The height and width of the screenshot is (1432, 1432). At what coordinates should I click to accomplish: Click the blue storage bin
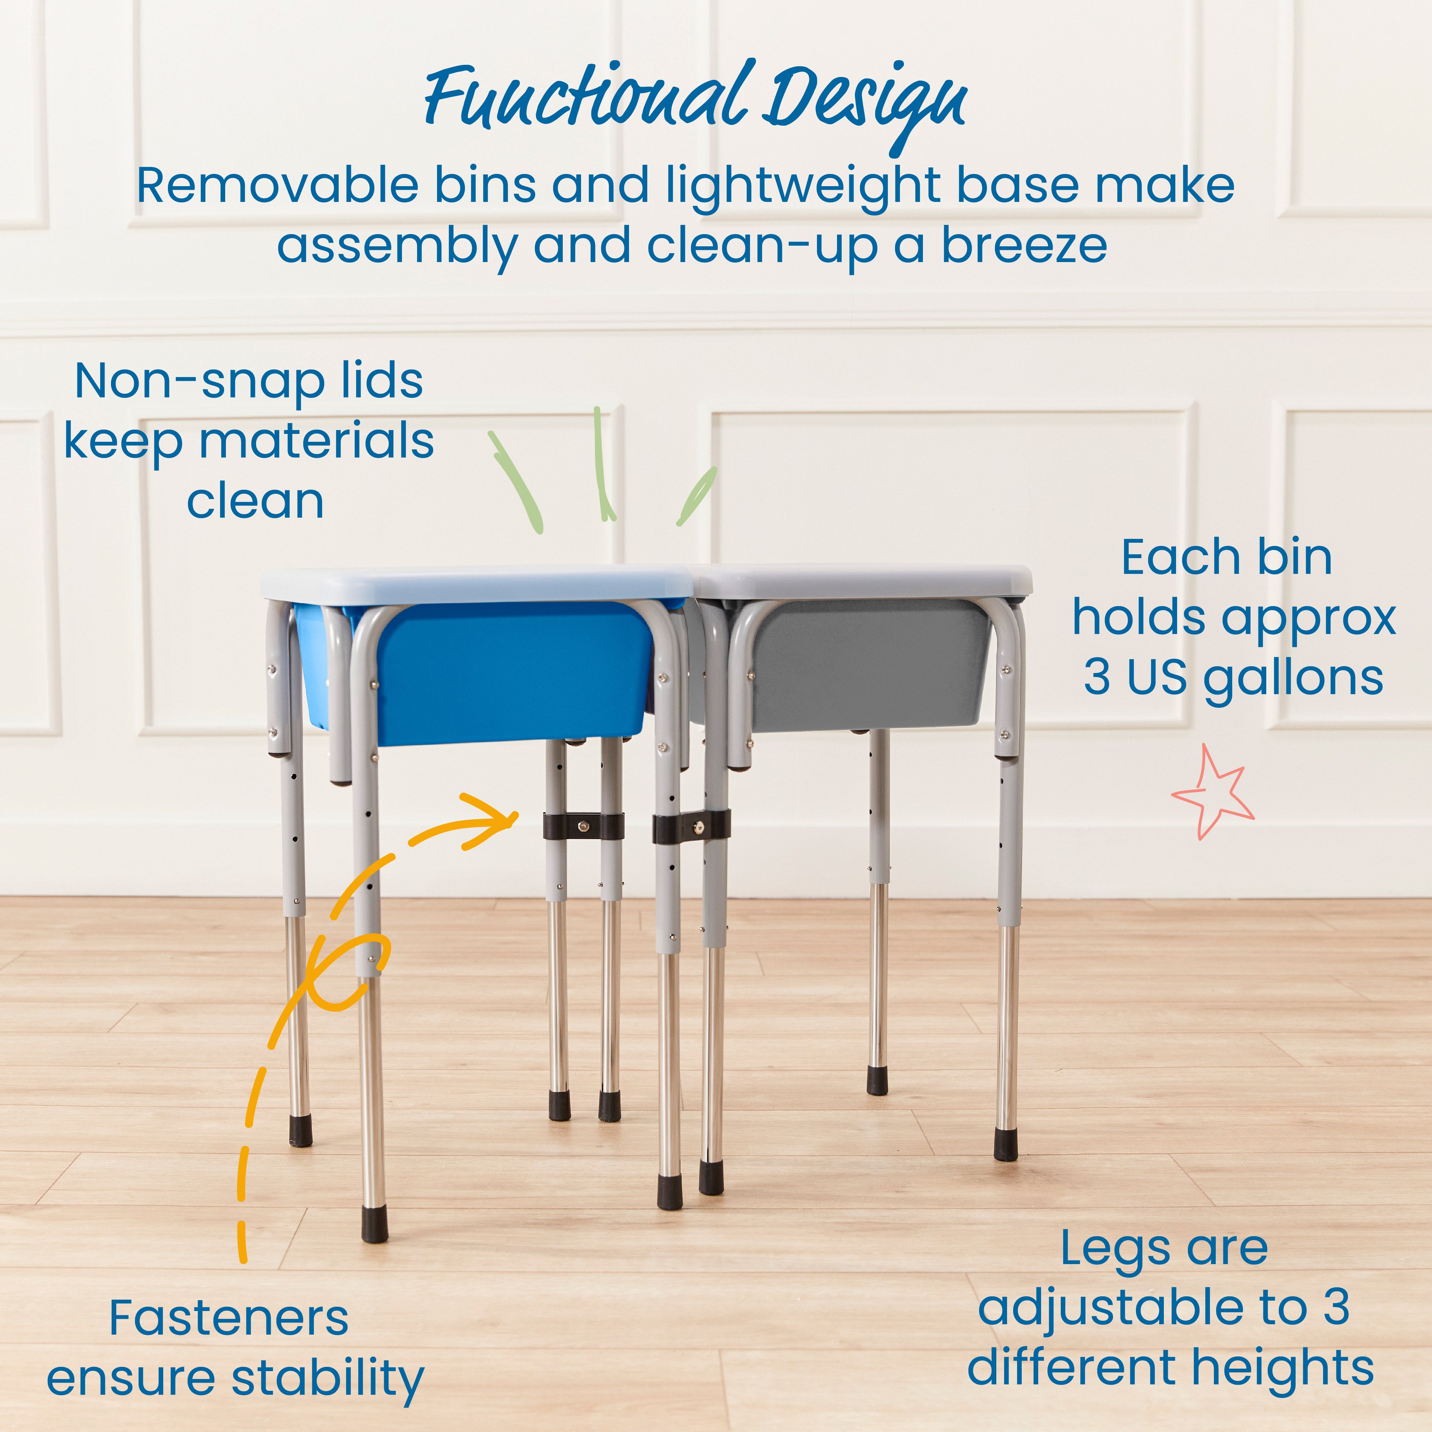click(x=512, y=671)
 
